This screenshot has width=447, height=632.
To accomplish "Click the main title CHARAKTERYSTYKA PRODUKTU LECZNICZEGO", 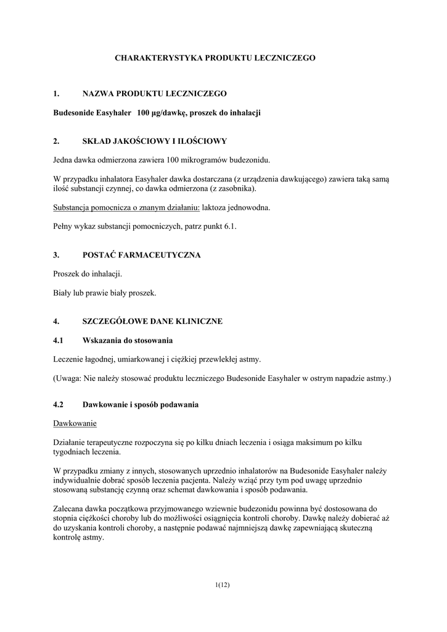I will [215, 57].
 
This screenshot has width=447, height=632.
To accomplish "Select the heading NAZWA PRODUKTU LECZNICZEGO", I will [154, 94].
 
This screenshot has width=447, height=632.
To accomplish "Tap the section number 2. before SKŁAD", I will [56, 141].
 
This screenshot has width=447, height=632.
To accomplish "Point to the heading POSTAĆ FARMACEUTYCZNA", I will [141, 255].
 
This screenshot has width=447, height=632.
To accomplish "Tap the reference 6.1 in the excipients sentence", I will [230, 227].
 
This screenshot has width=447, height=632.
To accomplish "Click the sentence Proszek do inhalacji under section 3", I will [88, 273].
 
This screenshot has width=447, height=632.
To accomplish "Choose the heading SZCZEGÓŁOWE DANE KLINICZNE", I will [152, 322].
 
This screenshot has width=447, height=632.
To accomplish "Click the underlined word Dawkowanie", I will [75, 424].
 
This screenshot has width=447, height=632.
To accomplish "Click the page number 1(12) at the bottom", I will [223, 584].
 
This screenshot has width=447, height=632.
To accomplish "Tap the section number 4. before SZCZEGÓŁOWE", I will [56, 322].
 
